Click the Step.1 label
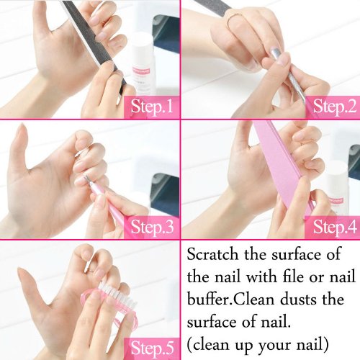click(152, 107)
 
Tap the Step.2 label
click(335, 107)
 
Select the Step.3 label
click(152, 227)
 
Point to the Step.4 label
click(335, 227)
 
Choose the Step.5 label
click(152, 348)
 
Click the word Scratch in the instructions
click(212, 254)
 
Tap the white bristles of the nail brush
click(117, 295)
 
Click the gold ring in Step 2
click(235, 19)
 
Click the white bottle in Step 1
click(143, 65)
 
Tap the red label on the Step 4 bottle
click(336, 201)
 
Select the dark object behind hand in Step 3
click(166, 193)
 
